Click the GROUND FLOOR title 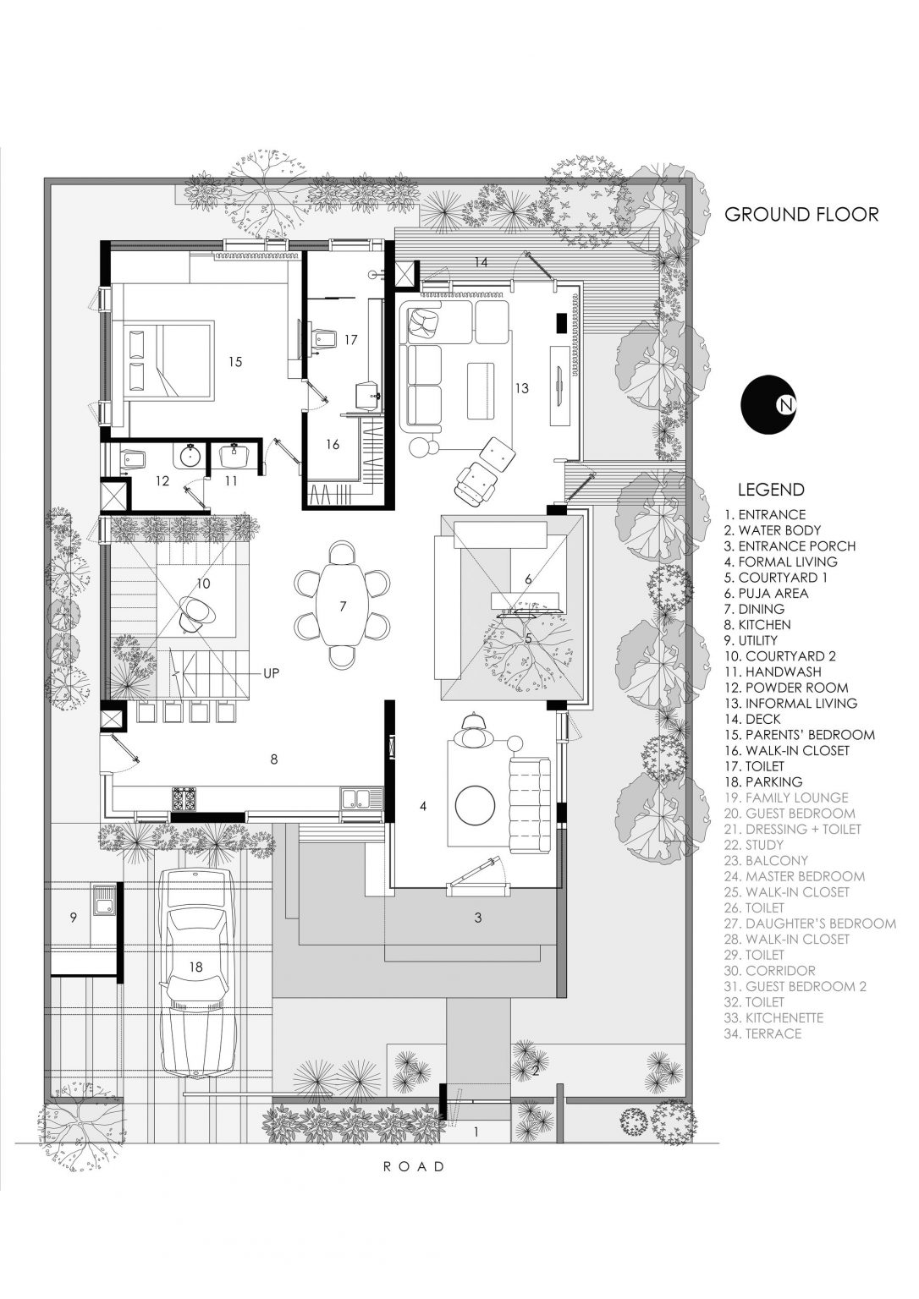pyautogui.click(x=801, y=215)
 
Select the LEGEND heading pyautogui.click(x=770, y=490)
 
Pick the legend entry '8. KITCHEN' pyautogui.click(x=757, y=625)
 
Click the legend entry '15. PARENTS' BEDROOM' pyautogui.click(x=799, y=735)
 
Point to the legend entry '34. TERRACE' pyautogui.click(x=762, y=1033)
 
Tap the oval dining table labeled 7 pyautogui.click(x=342, y=606)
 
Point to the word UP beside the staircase pyautogui.click(x=271, y=674)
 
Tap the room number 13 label pyautogui.click(x=521, y=388)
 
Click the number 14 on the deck pyautogui.click(x=480, y=263)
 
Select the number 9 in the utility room pyautogui.click(x=73, y=917)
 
